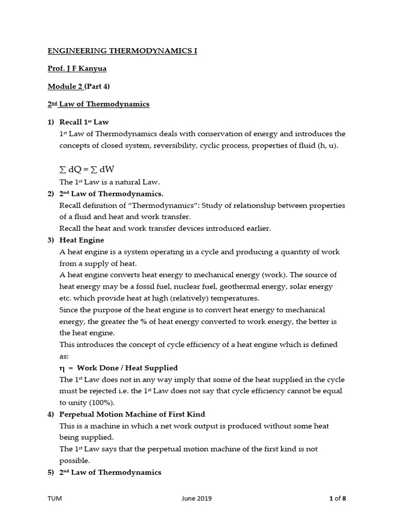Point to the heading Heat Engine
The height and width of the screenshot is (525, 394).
coord(82,240)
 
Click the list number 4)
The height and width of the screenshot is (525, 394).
coord(51,414)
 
